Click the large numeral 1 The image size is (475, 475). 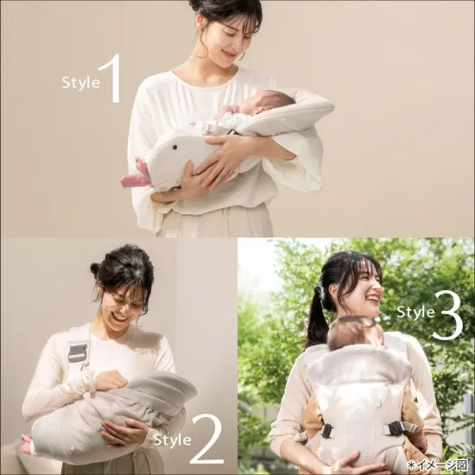pos(111,78)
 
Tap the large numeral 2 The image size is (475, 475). pos(208,439)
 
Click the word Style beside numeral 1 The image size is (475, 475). pos(80,82)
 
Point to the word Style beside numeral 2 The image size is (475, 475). pos(172,440)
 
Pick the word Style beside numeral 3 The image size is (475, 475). pos(415,312)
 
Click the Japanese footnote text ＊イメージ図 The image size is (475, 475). pos(438,465)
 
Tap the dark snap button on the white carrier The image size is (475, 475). pos(174,147)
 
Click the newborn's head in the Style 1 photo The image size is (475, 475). pos(268,102)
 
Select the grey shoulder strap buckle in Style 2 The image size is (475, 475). pos(78,352)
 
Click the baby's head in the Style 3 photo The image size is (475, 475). pos(354,332)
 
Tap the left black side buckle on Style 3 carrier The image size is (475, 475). pos(327,430)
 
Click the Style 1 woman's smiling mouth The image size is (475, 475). pos(229,54)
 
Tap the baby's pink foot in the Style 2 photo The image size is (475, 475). pos(27,444)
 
